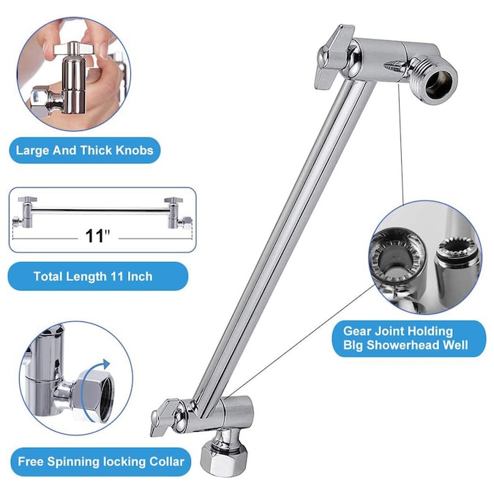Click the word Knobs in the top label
[x=135, y=151]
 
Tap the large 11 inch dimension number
[x=98, y=236]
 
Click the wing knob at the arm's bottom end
[x=165, y=417]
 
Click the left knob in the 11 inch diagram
[x=27, y=199]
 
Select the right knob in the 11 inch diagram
[x=173, y=200]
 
